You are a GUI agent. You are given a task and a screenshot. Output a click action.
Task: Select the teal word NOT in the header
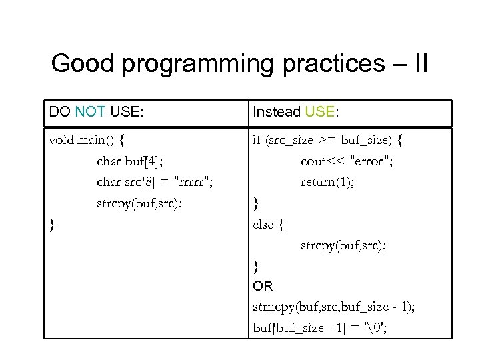click(x=90, y=112)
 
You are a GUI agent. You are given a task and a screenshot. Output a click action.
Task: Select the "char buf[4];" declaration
click(x=130, y=161)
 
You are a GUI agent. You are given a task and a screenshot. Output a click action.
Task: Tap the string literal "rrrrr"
click(x=197, y=182)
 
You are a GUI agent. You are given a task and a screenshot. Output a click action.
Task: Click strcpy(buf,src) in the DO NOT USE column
click(x=139, y=203)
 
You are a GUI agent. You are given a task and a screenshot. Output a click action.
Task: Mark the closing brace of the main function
click(x=53, y=224)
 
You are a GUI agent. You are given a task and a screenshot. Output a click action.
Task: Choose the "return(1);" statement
click(x=327, y=182)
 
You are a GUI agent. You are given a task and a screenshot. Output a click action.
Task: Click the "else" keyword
click(x=263, y=224)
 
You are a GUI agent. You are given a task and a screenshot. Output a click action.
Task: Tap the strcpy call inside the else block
click(x=343, y=245)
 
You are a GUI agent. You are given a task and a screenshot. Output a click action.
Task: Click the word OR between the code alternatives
click(x=263, y=287)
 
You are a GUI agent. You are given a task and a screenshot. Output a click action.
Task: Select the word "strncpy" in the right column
click(x=275, y=307)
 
